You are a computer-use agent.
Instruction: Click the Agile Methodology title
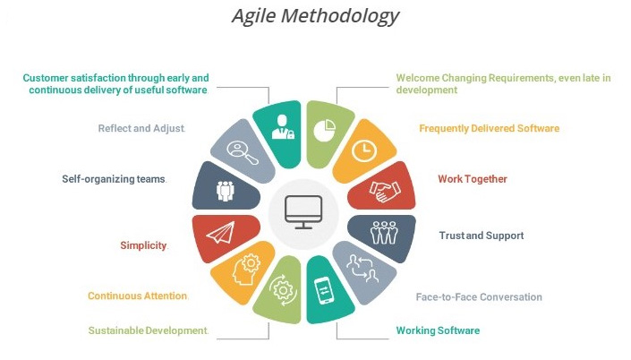pos(315,16)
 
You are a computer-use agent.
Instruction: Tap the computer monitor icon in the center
pos(303,212)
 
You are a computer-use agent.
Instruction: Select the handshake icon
pos(385,191)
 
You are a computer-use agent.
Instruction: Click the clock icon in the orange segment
pos(363,151)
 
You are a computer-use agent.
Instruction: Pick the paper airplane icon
pos(220,233)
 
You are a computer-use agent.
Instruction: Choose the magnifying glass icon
pos(243,152)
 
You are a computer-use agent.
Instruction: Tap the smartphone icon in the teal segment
pos(324,290)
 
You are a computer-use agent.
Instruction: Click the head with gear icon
pos(246,269)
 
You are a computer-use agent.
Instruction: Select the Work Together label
pos(473,179)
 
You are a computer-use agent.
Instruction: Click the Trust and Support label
pos(482,236)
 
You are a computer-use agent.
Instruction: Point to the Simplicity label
pos(143,245)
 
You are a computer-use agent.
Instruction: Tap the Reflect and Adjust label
pos(141,128)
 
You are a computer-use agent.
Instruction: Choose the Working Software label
pos(438,330)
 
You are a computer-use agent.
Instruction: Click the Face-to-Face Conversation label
pos(479,297)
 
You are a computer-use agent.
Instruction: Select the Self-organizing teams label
pos(114,179)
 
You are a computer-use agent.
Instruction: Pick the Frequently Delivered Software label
pos(490,128)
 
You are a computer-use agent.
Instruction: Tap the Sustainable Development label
pos(148,330)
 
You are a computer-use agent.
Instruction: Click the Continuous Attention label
pos(138,296)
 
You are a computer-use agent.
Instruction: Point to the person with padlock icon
pos(283,127)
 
